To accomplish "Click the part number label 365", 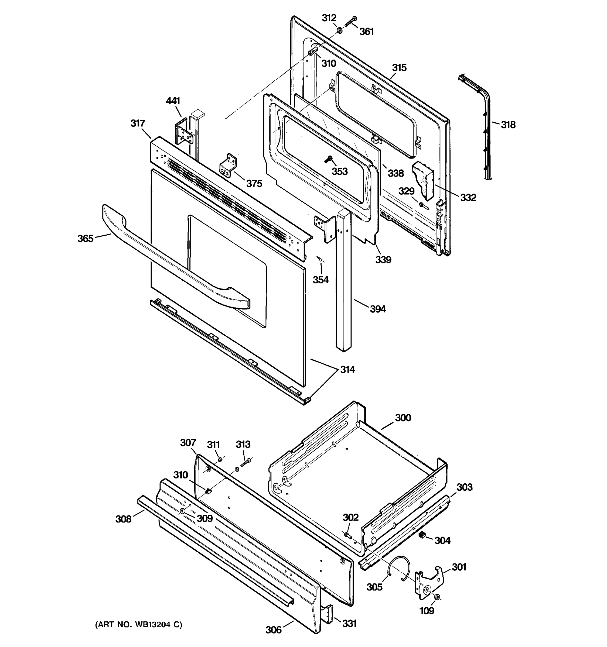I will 85,239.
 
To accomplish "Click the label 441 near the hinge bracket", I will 173,101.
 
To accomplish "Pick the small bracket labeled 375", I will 228,166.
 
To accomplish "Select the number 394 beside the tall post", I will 378,309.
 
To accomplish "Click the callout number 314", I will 347,369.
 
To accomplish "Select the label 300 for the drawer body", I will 403,418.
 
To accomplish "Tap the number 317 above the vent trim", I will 138,123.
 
